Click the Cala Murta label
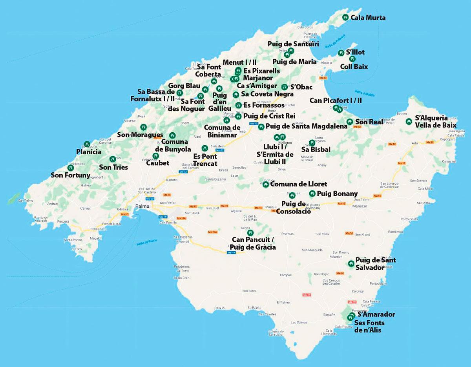coord(368,18)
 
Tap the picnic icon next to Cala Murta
coord(345,17)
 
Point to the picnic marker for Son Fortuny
coord(71,168)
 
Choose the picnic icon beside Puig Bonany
coord(312,193)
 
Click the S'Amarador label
coord(376,315)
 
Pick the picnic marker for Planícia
coord(87,144)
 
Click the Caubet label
coord(157,163)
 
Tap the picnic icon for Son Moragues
coord(143,127)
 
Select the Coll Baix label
coord(354,67)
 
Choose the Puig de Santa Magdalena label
coord(307,126)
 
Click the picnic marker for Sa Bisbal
coord(312,143)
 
